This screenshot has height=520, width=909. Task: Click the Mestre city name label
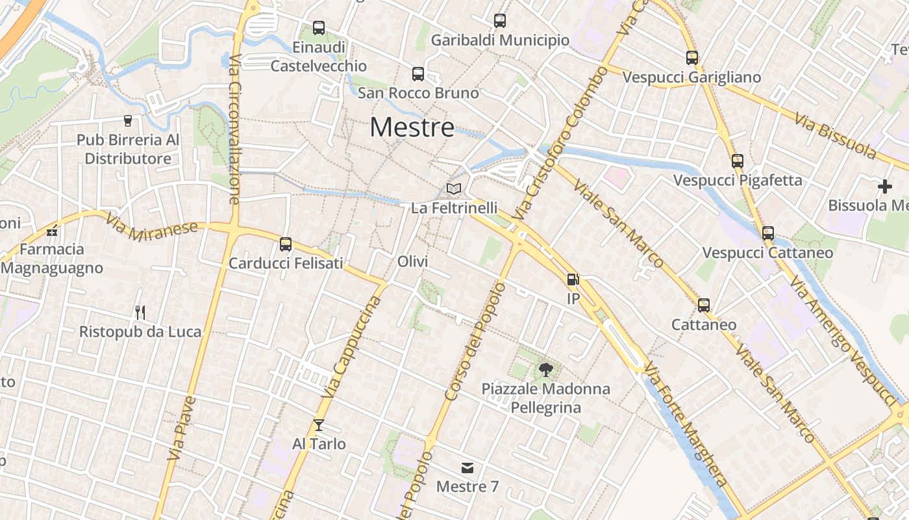click(412, 127)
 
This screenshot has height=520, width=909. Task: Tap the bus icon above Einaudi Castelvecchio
click(318, 28)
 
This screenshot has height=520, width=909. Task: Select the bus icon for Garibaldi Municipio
click(499, 21)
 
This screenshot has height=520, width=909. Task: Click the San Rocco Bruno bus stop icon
click(418, 74)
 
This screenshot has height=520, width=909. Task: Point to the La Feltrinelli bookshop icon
click(454, 189)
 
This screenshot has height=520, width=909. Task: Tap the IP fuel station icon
click(573, 279)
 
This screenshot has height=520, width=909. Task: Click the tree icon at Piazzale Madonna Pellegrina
click(545, 370)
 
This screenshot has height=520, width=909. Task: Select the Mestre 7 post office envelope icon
click(467, 468)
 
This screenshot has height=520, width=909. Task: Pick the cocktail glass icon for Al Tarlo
click(318, 425)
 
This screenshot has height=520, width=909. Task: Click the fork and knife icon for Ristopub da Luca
click(140, 313)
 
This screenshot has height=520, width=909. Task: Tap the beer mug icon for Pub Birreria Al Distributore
click(127, 120)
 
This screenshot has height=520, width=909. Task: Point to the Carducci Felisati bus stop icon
click(285, 244)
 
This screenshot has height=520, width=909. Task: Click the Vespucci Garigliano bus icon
click(691, 58)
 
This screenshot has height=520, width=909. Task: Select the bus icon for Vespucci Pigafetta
click(737, 161)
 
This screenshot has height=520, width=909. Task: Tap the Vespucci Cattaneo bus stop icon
click(767, 233)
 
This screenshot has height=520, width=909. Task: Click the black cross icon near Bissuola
click(884, 187)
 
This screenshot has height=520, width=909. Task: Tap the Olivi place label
click(412, 261)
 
